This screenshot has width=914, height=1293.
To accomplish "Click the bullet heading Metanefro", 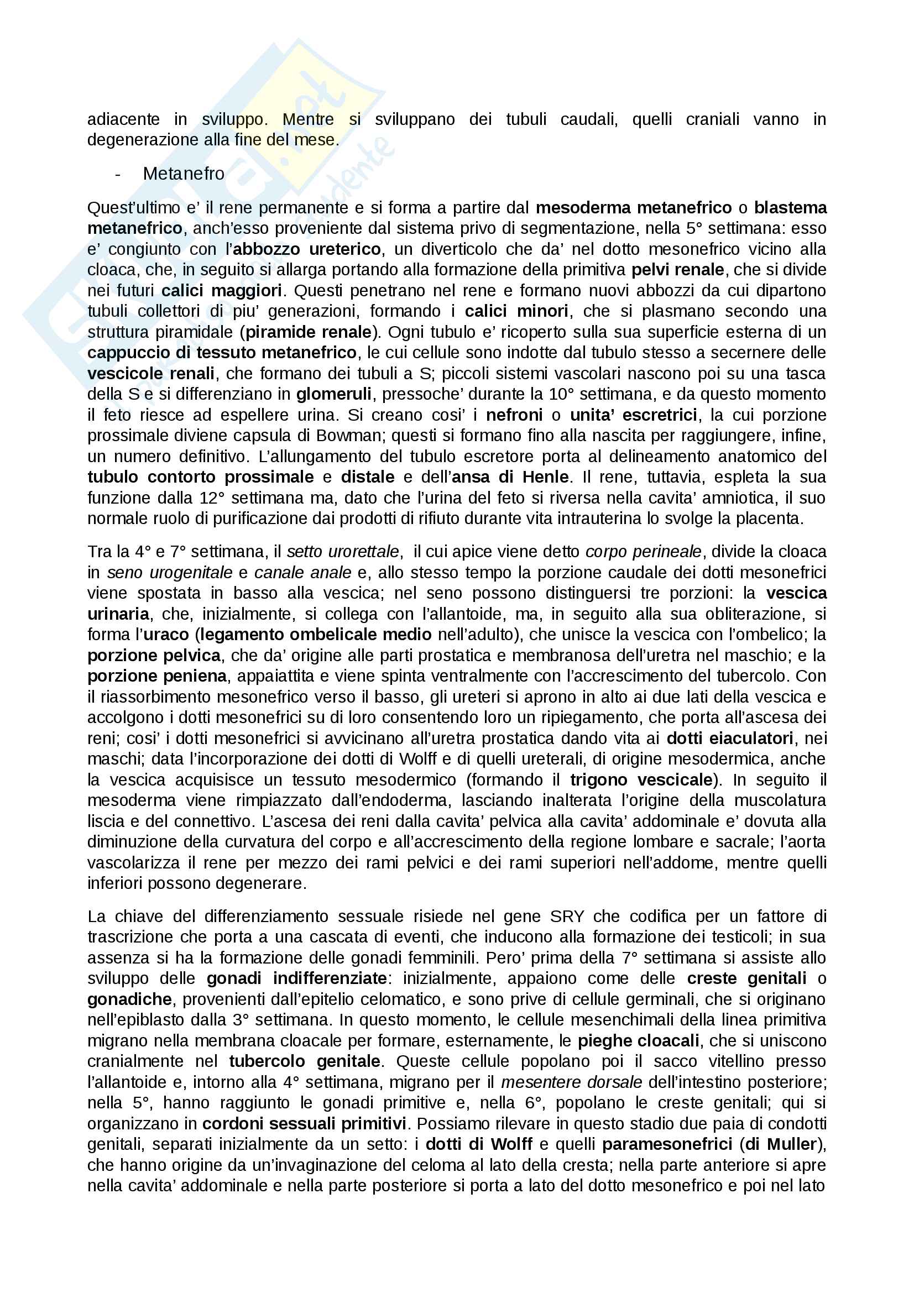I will tap(184, 174).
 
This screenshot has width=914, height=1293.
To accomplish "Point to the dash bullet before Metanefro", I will tap(118, 174).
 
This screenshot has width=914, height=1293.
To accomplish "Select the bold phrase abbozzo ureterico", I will tap(307, 249).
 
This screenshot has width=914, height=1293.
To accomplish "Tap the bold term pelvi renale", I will tap(677, 270).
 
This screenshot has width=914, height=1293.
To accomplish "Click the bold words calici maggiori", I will tap(221, 291).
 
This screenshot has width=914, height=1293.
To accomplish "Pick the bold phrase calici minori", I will tap(516, 311).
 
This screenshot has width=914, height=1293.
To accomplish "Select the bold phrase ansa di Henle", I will tap(510, 477).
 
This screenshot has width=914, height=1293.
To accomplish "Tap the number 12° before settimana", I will tap(212, 498).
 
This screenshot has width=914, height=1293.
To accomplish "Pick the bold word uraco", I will tap(166, 635).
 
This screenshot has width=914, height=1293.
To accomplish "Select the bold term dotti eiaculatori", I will tap(730, 739).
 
